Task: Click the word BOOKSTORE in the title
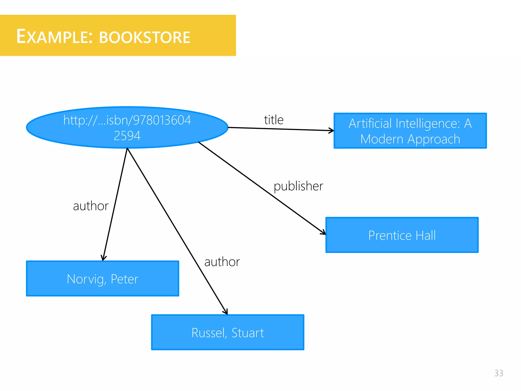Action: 144,38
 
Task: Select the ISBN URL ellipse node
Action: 127,127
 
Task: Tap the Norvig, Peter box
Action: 103,279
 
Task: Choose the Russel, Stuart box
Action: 228,332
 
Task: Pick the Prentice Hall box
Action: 402,235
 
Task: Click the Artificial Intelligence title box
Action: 410,131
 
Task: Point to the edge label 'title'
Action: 274,120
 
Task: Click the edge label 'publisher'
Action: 298,186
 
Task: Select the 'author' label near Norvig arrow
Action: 91,206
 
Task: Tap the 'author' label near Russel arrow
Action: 222,262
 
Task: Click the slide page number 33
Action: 499,373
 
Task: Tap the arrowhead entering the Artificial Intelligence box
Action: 331,131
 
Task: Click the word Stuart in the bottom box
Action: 248,333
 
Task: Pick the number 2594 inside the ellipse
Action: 127,136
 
